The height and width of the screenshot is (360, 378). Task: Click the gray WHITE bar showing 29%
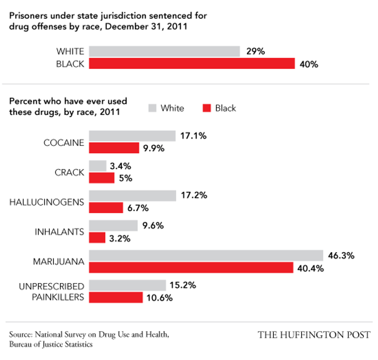click(x=164, y=51)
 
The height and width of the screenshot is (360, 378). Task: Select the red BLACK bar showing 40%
click(x=192, y=64)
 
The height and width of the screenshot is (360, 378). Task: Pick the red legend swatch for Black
click(x=208, y=108)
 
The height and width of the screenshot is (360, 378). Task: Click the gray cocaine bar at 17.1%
click(x=132, y=136)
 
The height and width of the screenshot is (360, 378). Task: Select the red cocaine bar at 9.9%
click(x=114, y=148)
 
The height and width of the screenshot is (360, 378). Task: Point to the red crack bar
click(x=102, y=178)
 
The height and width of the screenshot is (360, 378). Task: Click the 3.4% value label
click(x=120, y=166)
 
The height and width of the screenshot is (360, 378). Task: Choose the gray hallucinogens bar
click(x=132, y=195)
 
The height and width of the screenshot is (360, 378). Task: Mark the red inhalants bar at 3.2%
click(x=97, y=238)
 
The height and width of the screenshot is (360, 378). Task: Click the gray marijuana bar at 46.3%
click(x=206, y=256)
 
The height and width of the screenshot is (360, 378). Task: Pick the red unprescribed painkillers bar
click(x=116, y=298)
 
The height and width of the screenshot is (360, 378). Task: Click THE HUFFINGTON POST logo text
click(x=314, y=335)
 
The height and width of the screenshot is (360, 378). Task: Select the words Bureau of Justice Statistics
click(x=51, y=344)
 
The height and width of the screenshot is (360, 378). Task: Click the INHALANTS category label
click(x=59, y=232)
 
